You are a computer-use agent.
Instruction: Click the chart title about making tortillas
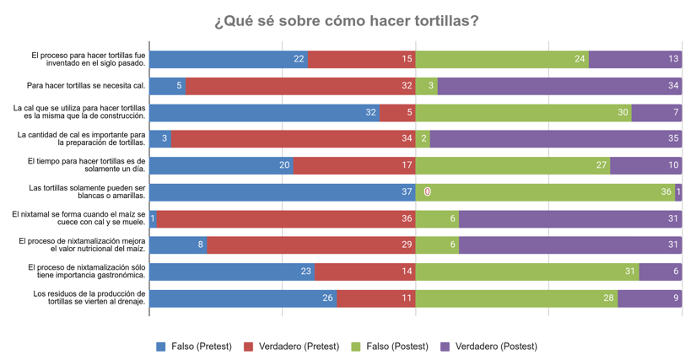347,20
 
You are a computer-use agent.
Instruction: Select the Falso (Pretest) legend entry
195,347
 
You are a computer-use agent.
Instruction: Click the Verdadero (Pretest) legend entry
292,347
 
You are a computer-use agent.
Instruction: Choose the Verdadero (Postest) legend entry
488,347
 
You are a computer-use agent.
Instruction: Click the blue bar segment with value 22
229,59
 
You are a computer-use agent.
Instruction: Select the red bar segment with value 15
362,59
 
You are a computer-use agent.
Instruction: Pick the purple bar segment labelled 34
559,86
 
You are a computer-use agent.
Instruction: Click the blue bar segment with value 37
282,192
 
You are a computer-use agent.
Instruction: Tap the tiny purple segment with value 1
678,192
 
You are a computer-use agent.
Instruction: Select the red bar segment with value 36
286,218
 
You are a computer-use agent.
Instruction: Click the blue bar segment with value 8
178,245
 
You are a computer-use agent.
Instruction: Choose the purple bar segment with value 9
650,298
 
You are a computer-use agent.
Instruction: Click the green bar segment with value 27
513,165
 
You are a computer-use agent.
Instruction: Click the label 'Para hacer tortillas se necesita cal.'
86,85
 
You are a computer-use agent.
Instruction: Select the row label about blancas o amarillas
88,191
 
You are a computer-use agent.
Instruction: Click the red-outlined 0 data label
428,192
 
